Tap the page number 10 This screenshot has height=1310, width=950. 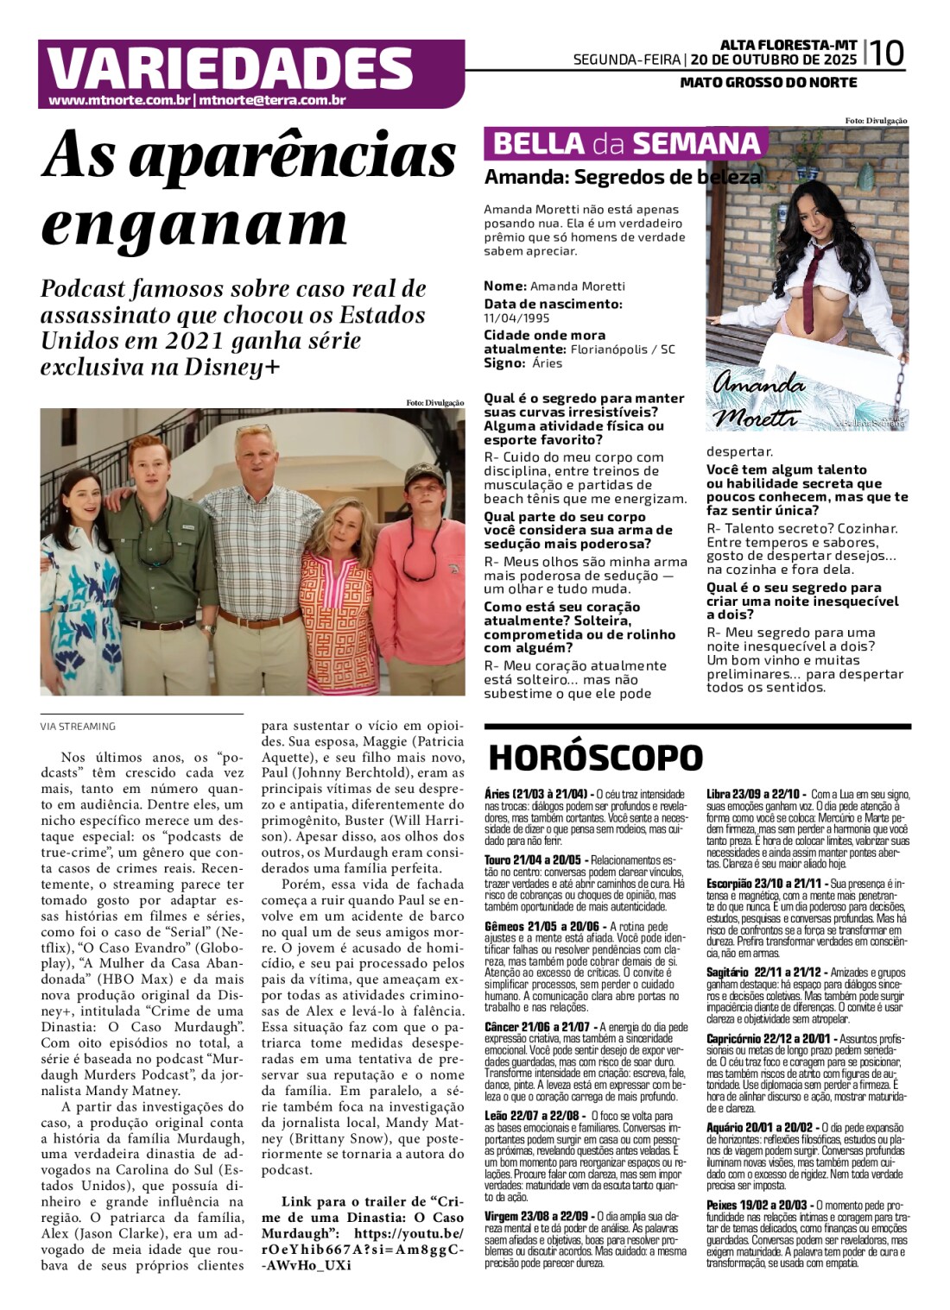pyautogui.click(x=886, y=54)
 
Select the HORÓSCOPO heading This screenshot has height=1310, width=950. pyautogui.click(x=596, y=758)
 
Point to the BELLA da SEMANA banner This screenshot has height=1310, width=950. pyautogui.click(x=626, y=143)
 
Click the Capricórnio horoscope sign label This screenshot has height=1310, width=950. pyautogui.click(x=741, y=1039)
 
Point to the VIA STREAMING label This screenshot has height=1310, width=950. pyautogui.click(x=78, y=727)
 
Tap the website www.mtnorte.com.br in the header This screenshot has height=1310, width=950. pyautogui.click(x=119, y=101)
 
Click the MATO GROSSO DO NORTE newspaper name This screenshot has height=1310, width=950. pyautogui.click(x=769, y=83)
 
